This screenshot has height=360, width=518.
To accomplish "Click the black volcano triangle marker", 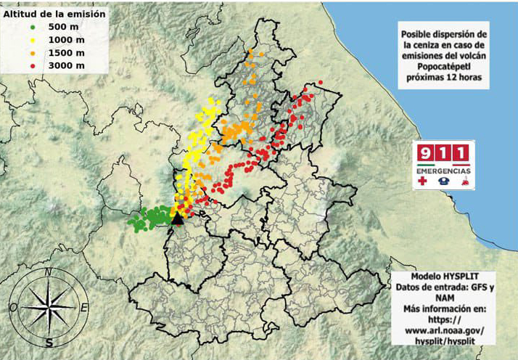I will click(177, 219).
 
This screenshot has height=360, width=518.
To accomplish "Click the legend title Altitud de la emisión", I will click(54, 13).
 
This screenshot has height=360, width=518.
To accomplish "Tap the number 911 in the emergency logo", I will click(443, 152).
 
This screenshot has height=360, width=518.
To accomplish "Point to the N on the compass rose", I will click(48, 273).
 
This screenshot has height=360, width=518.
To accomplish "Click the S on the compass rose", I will click(49, 343).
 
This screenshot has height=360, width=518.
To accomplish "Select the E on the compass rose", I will click(84, 308).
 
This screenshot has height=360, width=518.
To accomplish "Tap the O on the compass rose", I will click(12, 308).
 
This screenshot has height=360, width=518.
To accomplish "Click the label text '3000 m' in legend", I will click(66, 66).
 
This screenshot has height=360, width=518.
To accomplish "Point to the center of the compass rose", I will click(49, 308).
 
